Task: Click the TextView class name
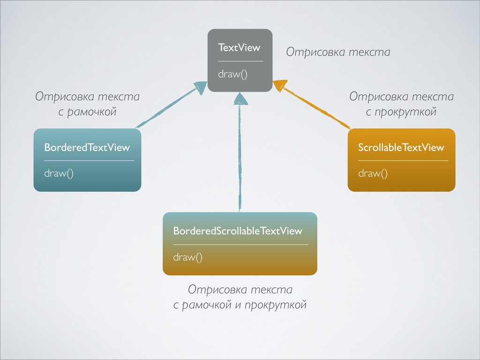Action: coord(239,47)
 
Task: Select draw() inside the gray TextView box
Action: coord(232,74)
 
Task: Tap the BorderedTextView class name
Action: coord(87,148)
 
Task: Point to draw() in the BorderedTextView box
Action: coord(59,173)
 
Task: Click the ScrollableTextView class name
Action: coord(401,148)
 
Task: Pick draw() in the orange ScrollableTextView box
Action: coord(373,173)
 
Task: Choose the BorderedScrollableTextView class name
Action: coord(238,231)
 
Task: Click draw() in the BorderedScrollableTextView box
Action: coord(188,257)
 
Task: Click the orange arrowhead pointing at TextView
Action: coord(280,85)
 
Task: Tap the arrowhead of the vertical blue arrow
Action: coord(240,99)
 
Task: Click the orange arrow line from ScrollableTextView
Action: coord(319,108)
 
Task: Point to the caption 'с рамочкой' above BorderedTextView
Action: coord(88,112)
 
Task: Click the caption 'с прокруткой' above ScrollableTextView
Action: coord(401,112)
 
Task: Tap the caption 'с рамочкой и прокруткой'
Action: coord(240,305)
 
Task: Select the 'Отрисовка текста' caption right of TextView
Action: coord(338,52)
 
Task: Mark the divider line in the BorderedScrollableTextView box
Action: coord(240,245)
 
